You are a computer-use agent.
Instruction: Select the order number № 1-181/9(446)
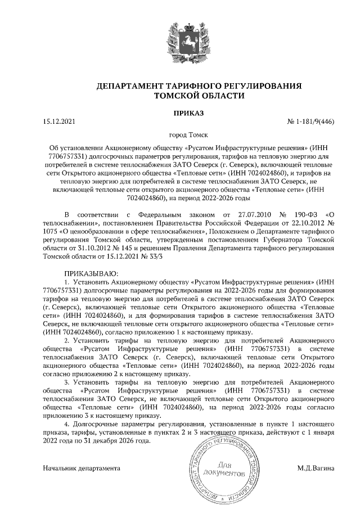(x=310, y=121)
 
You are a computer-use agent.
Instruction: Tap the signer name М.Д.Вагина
(x=315, y=467)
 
